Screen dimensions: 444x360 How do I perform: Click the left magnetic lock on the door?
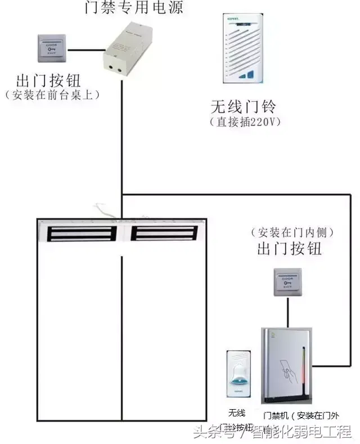point(82,233)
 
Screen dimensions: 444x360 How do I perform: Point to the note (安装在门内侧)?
point(291,231)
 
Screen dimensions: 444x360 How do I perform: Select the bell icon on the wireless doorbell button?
point(237,371)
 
